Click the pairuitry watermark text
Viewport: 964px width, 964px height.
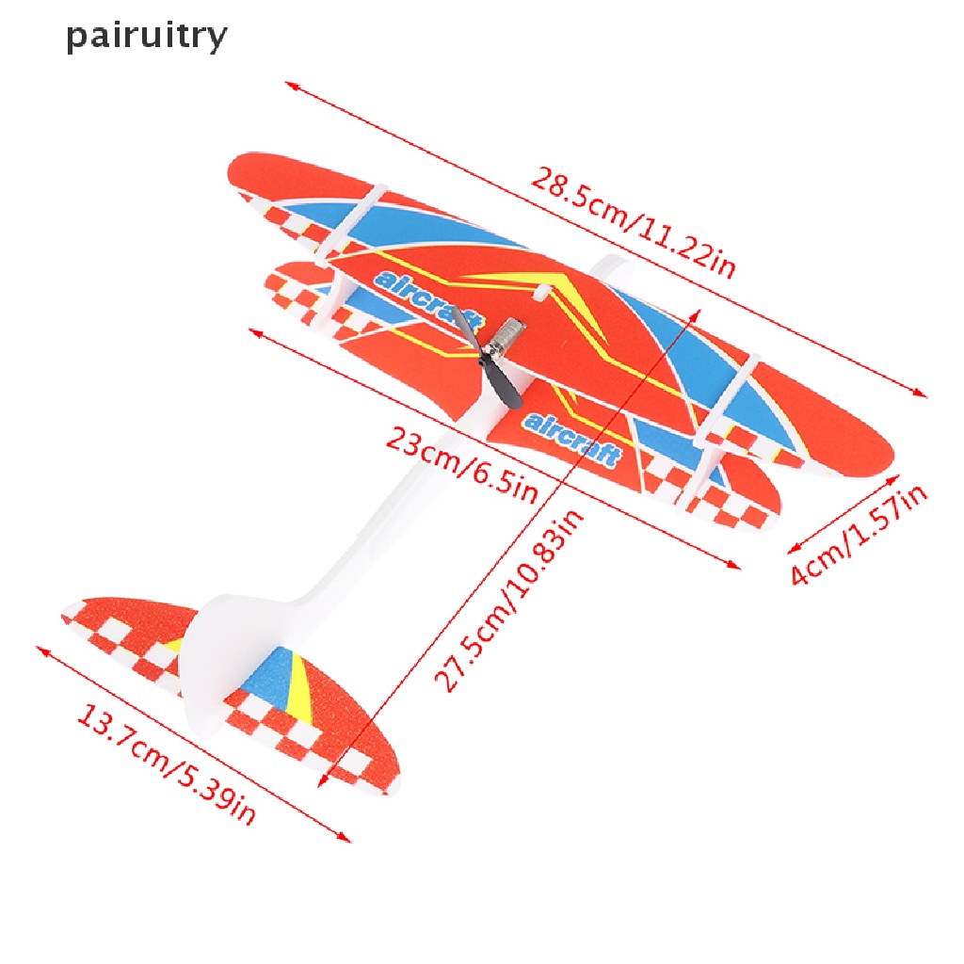[x=146, y=36]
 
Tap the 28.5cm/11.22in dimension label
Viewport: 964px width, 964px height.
[x=633, y=222]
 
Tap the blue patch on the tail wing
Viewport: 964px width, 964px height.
[x=268, y=683]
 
